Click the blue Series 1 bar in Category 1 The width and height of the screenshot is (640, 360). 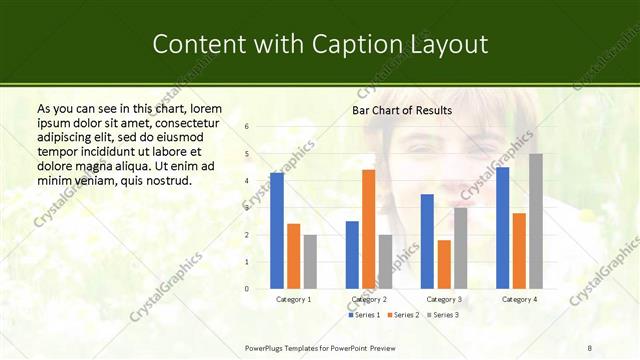pyautogui.click(x=277, y=231)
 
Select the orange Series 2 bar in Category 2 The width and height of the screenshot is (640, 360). pyautogui.click(x=368, y=229)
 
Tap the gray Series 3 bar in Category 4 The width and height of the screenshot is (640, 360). pyautogui.click(x=536, y=221)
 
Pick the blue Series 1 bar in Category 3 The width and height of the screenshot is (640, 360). pyautogui.click(x=427, y=241)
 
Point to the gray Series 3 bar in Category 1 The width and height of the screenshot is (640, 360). pyautogui.click(x=310, y=262)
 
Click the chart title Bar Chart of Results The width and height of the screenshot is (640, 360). pyautogui.click(x=402, y=110)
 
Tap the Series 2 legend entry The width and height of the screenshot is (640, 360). pyautogui.click(x=402, y=315)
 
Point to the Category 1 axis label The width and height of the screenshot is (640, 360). pyautogui.click(x=293, y=299)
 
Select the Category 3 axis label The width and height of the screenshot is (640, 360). pyautogui.click(x=444, y=299)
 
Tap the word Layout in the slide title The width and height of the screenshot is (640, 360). pyautogui.click(x=445, y=45)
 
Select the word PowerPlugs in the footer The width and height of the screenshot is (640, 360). pyautogui.click(x=268, y=347)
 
